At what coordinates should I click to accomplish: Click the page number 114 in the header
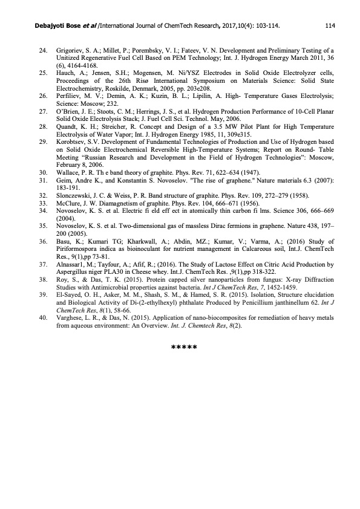[330, 26]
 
